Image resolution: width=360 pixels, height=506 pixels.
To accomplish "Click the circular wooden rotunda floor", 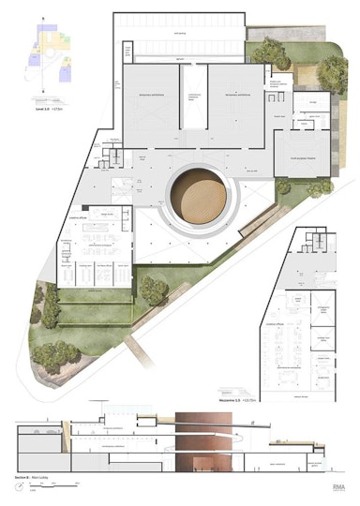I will pos(202,195).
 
